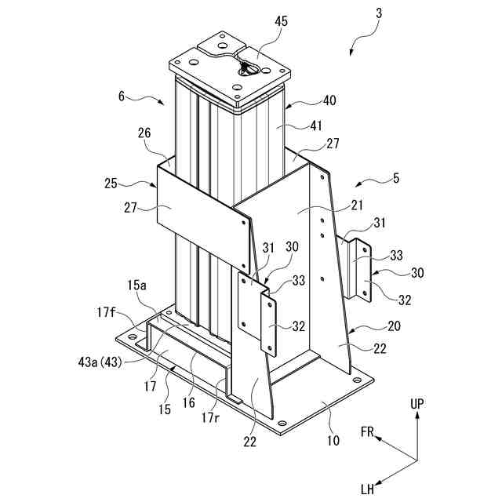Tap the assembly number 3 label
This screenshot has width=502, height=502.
pos(380,13)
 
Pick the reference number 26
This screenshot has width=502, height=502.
pos(144,133)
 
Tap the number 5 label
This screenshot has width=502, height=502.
pos(395,179)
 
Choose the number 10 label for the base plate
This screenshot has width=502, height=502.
pos(333,441)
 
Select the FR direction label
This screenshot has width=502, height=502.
pos(367,432)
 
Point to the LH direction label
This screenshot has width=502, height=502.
pos(367,488)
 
